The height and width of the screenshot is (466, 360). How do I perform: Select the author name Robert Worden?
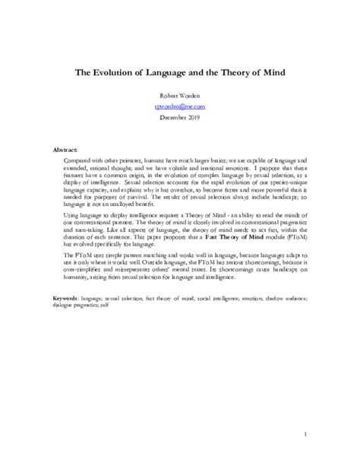click(x=179, y=97)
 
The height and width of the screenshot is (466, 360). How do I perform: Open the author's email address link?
click(x=179, y=107)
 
